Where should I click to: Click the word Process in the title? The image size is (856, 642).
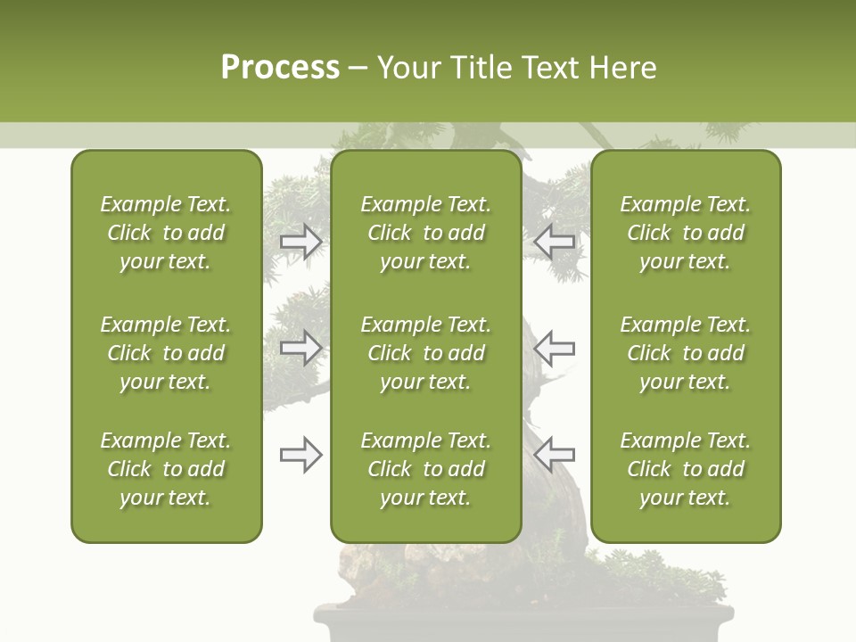280,68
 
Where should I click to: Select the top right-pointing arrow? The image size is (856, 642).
301,242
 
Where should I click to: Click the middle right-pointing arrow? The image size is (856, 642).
301,348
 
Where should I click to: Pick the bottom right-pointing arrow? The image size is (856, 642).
301,455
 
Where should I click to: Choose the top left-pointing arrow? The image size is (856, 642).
554,242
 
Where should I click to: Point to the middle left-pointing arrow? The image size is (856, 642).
554,348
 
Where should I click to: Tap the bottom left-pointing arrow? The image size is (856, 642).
554,455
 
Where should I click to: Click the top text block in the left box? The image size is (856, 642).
166,233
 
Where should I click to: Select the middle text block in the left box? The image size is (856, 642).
166,353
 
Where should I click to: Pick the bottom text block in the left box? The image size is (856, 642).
166,469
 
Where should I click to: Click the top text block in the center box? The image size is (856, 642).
426,233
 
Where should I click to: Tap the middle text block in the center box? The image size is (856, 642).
426,353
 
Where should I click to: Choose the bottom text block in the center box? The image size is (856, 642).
426,469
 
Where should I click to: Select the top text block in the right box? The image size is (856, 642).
686,233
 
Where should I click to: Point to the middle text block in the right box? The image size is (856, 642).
686,353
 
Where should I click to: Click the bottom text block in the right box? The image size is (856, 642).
686,469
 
